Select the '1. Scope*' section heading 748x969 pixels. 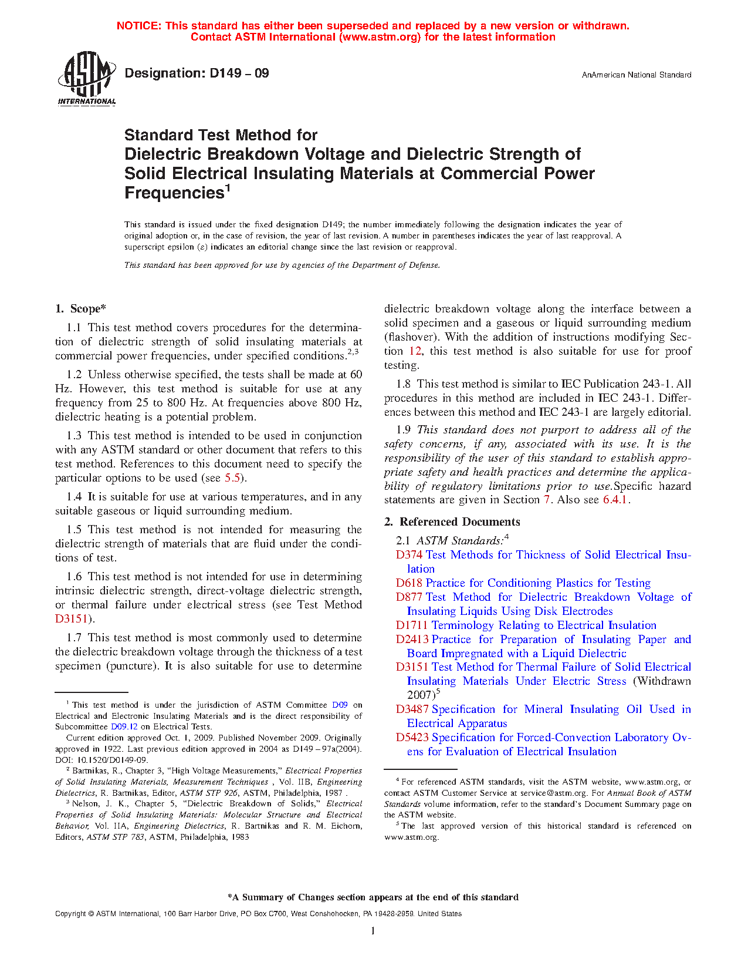tap(80, 309)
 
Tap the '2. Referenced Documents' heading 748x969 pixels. tap(452, 522)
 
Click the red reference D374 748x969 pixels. tap(409, 555)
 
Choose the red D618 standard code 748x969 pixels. tap(409, 583)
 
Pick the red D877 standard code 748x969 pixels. tap(409, 597)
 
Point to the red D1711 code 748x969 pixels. tap(412, 625)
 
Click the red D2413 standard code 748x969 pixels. tap(412, 640)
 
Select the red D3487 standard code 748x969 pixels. tap(412, 709)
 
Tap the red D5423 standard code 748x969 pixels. tap(412, 738)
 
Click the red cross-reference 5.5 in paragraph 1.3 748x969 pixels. tap(232, 478)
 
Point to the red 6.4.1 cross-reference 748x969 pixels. tap(615, 500)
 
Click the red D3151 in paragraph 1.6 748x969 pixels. tap(71, 619)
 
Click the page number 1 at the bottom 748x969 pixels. tap(373, 931)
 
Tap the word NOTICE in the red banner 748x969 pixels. tap(138, 26)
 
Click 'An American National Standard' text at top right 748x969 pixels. tap(637, 75)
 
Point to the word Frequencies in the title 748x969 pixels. tap(174, 193)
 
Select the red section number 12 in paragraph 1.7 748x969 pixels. tap(415, 351)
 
